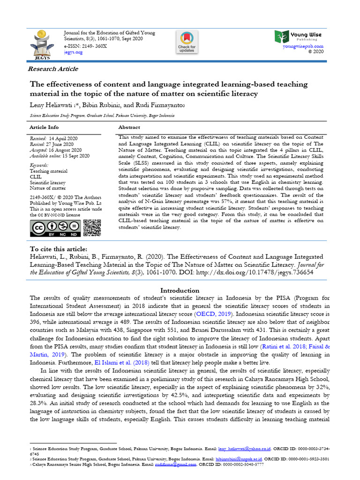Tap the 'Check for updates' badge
click(x=186, y=42)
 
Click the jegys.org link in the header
click(x=73, y=52)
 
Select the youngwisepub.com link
click(x=303, y=46)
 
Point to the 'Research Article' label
click(x=53, y=69)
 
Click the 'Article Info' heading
click(x=44, y=127)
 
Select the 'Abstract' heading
click(x=129, y=127)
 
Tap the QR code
click(x=92, y=228)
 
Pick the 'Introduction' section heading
click(x=180, y=290)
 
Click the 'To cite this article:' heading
click(x=59, y=248)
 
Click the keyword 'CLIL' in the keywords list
click(x=36, y=177)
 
